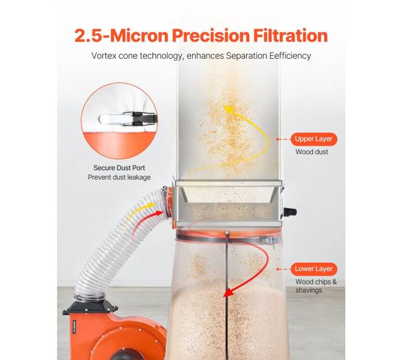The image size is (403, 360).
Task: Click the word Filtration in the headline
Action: pyautogui.click(x=290, y=35)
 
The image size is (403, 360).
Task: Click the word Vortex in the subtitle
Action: pyautogui.click(x=104, y=56)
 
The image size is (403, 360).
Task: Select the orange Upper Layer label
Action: pyautogui.click(x=314, y=139)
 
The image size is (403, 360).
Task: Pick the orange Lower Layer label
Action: pyautogui.click(x=314, y=269)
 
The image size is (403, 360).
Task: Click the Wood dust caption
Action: pyautogui.click(x=312, y=152)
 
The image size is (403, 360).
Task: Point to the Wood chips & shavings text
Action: pyautogui.click(x=316, y=286)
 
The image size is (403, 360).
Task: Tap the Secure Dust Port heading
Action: pyautogui.click(x=119, y=168)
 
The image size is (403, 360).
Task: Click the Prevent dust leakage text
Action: pyautogui.click(x=119, y=177)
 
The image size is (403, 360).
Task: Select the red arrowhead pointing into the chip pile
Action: pyautogui.click(x=228, y=292)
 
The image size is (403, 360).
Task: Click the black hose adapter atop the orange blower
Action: pyautogui.click(x=91, y=307)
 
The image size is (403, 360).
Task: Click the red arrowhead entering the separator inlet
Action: pyautogui.click(x=159, y=213)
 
